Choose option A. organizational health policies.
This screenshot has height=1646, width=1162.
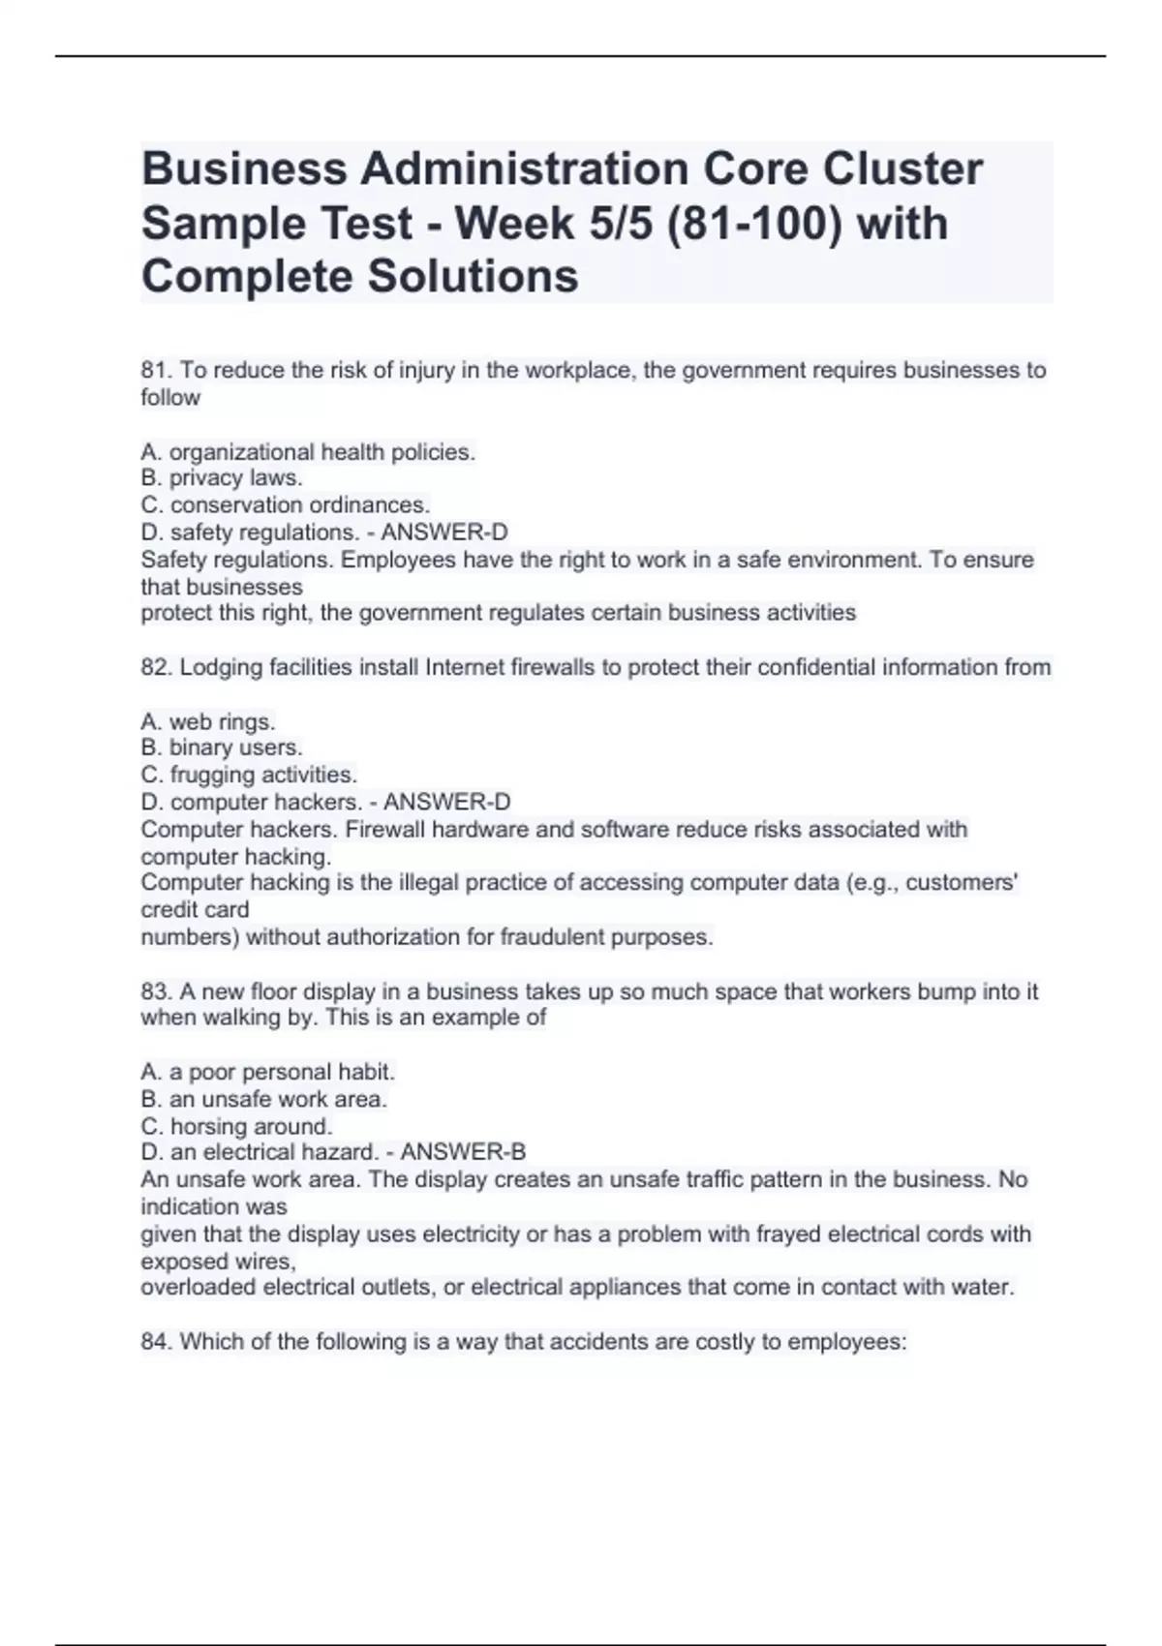click(x=308, y=452)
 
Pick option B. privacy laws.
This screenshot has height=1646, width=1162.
click(x=222, y=478)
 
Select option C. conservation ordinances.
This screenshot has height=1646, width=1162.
click(x=286, y=505)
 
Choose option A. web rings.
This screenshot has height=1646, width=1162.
click(x=208, y=722)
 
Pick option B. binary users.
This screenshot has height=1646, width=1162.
click(x=222, y=747)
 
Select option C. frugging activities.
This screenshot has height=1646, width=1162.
click(x=249, y=775)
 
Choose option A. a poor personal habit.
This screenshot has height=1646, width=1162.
click(x=268, y=1072)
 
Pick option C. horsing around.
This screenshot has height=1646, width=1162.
click(x=237, y=1126)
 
